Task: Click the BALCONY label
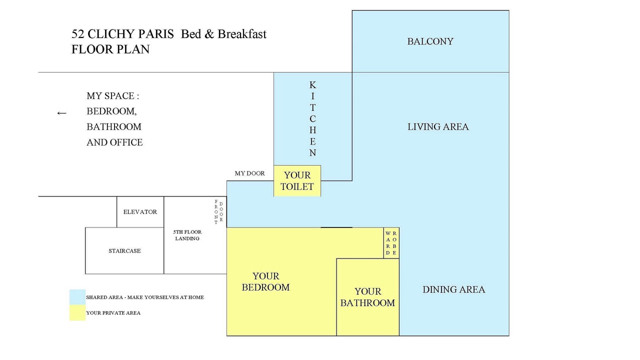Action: click(x=430, y=41)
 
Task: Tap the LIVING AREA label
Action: click(x=438, y=127)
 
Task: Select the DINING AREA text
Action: click(x=453, y=289)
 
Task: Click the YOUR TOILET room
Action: click(x=297, y=181)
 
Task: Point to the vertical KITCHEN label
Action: click(x=312, y=119)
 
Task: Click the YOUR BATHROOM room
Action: click(x=367, y=297)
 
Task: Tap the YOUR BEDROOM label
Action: click(x=265, y=281)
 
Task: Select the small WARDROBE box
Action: click(x=391, y=243)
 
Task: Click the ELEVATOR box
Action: click(x=140, y=211)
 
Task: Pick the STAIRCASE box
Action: click(x=124, y=250)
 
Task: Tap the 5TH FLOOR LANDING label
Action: click(x=187, y=235)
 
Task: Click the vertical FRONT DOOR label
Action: click(x=218, y=211)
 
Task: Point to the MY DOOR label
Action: click(x=249, y=173)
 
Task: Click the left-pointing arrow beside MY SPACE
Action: click(x=61, y=113)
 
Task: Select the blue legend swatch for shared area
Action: click(x=77, y=297)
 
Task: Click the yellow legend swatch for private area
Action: click(x=77, y=313)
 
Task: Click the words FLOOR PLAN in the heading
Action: click(x=110, y=49)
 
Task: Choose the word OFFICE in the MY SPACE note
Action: click(x=126, y=142)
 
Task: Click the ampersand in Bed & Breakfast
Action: click(x=209, y=34)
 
